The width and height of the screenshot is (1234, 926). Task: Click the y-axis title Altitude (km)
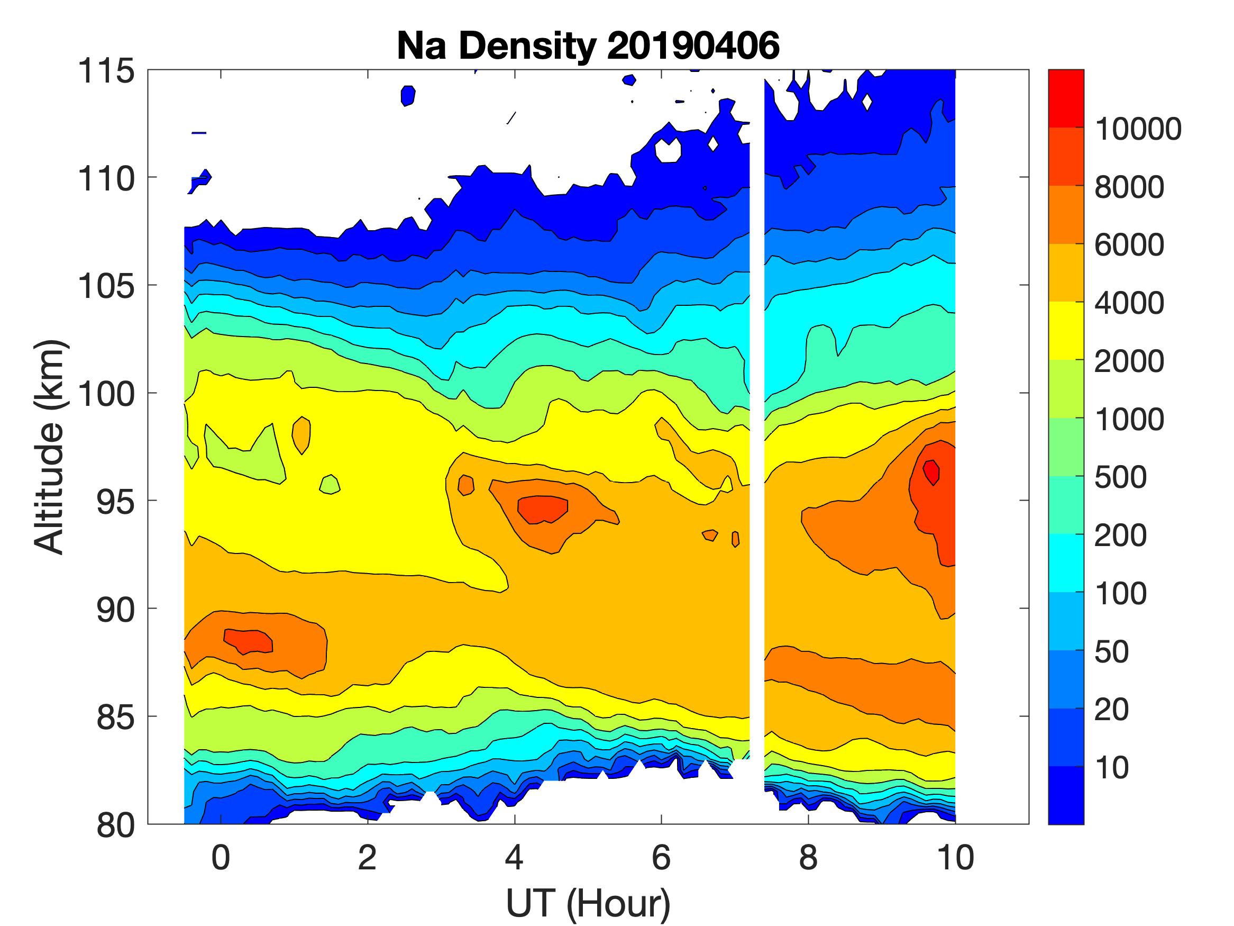tap(50, 447)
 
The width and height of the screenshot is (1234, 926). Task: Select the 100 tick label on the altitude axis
tap(106, 394)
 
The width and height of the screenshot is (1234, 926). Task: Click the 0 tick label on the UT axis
tap(221, 857)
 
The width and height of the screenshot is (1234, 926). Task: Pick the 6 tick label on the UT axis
tap(661, 857)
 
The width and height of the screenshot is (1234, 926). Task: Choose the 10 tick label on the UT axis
tap(955, 857)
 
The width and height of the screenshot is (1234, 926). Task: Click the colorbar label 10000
tap(1138, 130)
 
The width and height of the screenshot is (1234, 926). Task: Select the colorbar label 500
tap(1120, 478)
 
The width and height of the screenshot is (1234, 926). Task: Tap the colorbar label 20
tap(1111, 710)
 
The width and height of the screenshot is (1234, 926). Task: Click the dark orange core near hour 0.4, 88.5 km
tap(249, 640)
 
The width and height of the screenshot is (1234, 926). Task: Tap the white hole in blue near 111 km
tap(668, 150)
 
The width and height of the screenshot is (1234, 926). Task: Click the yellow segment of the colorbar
tap(1065, 330)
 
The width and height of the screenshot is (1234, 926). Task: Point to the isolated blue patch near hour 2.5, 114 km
tap(408, 95)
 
